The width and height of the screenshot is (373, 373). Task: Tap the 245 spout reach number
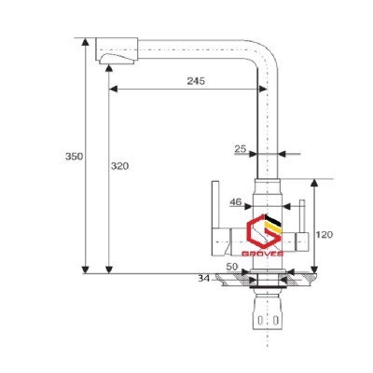pyautogui.click(x=194, y=80)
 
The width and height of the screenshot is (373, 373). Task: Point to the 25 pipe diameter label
pyautogui.click(x=241, y=147)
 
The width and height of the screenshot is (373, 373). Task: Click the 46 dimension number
pyautogui.click(x=236, y=201)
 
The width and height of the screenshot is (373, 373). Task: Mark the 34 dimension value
pyautogui.click(x=204, y=278)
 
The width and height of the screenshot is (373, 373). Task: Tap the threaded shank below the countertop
pyautogui.click(x=268, y=308)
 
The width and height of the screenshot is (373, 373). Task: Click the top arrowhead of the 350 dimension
pyautogui.click(x=86, y=42)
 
